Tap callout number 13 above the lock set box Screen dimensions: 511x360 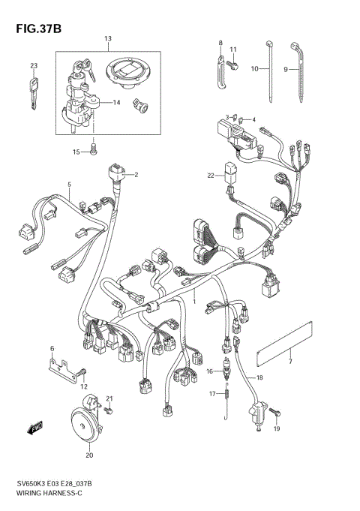pyautogui.click(x=107, y=38)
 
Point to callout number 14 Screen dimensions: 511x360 pyautogui.click(x=117, y=102)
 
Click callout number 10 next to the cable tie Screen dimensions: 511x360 pyautogui.click(x=254, y=68)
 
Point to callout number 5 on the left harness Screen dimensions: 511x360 pyautogui.click(x=69, y=184)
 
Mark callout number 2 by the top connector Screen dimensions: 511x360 pyautogui.click(x=136, y=175)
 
